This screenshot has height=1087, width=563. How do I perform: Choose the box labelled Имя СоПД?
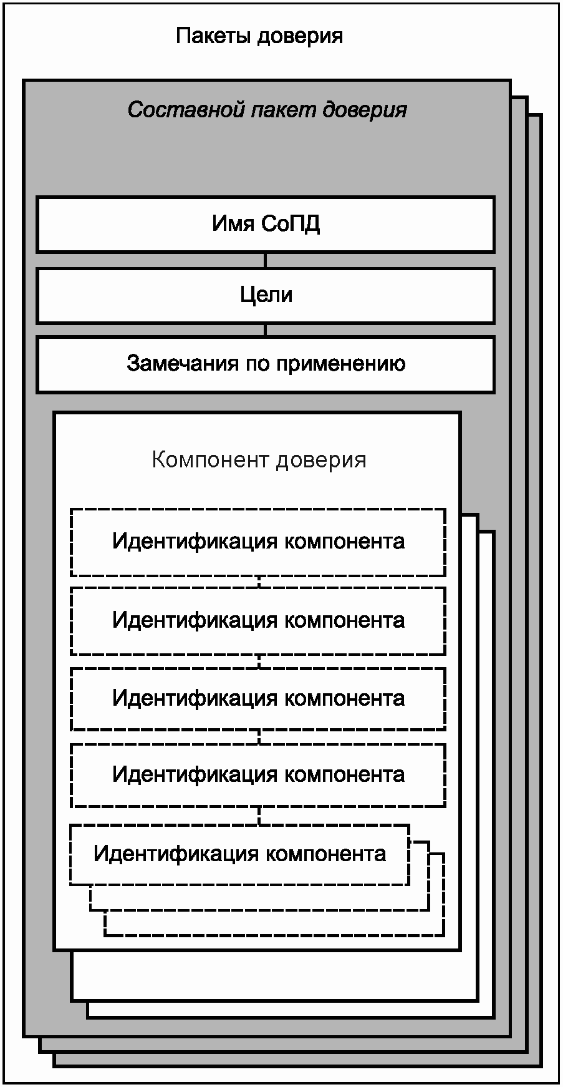[x=266, y=225]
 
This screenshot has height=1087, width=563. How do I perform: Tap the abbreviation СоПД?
[x=290, y=223]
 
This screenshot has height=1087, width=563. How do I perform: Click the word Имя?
[x=232, y=223]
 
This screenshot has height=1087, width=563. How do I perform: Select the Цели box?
[x=266, y=295]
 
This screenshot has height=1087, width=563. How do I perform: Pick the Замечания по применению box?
[x=266, y=364]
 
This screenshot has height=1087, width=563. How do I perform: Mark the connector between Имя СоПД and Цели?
[x=265, y=260]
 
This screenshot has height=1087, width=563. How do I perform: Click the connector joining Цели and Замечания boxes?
[x=265, y=330]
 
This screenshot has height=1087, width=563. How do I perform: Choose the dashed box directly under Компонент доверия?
[x=258, y=542]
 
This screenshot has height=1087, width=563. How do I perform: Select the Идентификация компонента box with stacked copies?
[x=239, y=854]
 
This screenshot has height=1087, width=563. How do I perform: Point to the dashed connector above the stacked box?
[x=259, y=815]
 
